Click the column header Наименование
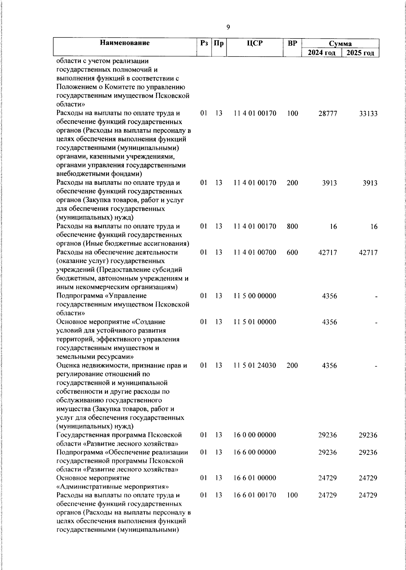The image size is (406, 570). (125, 43)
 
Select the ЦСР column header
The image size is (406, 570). (255, 43)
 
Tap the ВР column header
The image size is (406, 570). (292, 43)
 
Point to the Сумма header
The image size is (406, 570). (340, 44)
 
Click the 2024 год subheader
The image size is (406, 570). (322, 53)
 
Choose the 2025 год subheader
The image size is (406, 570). (361, 53)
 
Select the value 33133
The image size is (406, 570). (368, 114)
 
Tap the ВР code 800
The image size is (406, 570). (292, 227)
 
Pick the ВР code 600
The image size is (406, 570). (292, 253)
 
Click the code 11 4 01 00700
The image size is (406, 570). (255, 253)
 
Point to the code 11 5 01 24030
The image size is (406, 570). (255, 365)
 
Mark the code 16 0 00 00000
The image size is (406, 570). (255, 435)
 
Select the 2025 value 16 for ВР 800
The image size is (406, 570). (374, 227)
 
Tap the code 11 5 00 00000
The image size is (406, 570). (255, 296)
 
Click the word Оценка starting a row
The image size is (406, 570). (69, 365)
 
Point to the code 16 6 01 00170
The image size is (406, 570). (255, 495)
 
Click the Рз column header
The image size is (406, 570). (204, 43)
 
